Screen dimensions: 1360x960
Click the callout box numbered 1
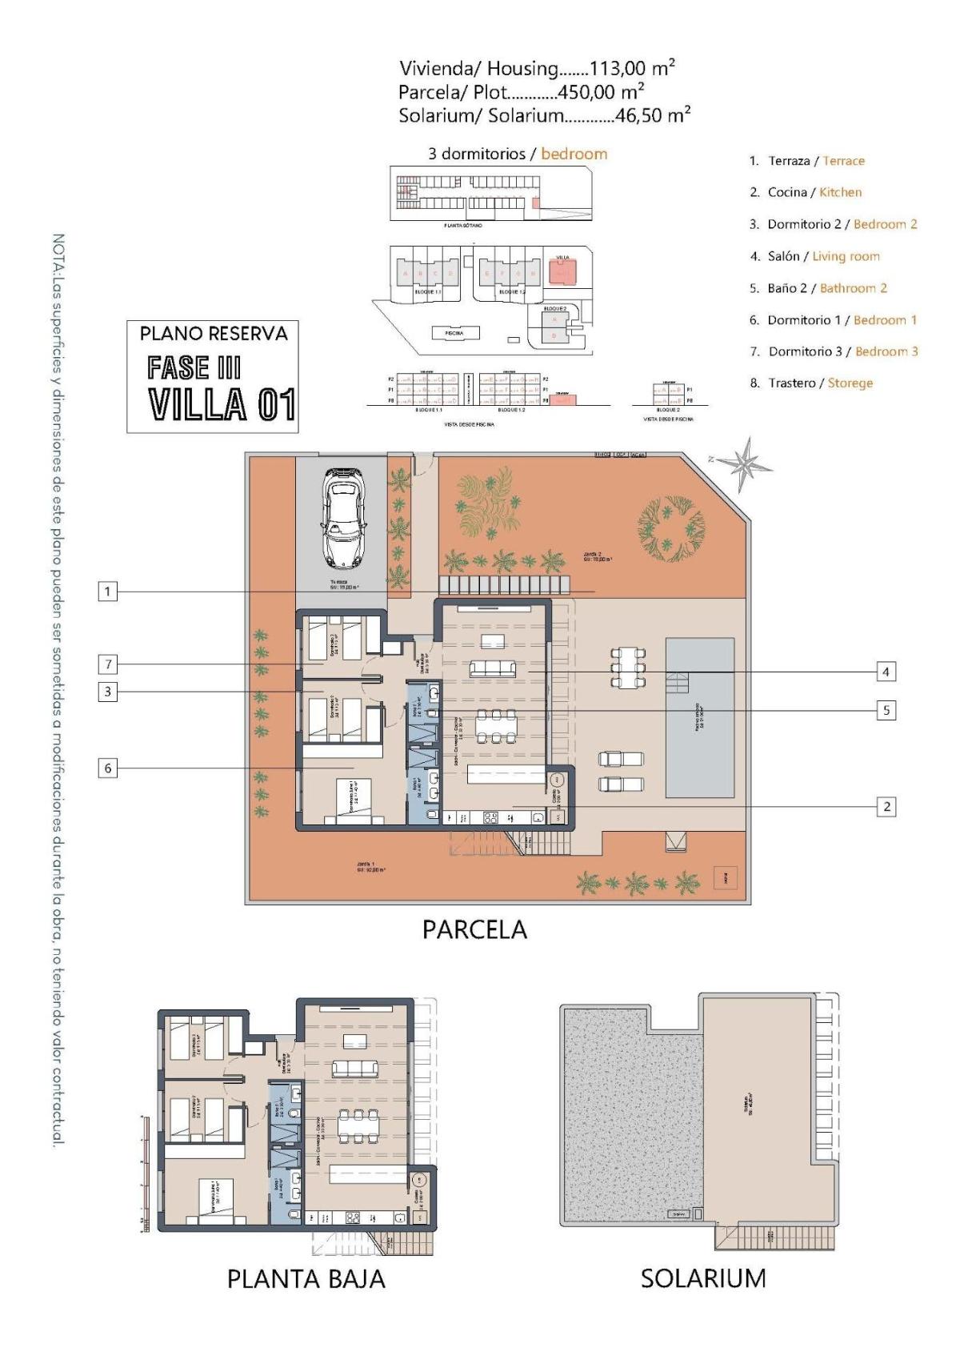tap(108, 592)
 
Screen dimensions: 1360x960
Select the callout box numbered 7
tap(108, 664)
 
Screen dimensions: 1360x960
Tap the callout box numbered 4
tap(885, 672)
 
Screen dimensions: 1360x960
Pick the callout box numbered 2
tap(885, 806)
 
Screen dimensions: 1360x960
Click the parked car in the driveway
tap(345, 516)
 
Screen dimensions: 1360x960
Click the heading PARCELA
tap(474, 929)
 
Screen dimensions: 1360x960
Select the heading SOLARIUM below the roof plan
tap(702, 1278)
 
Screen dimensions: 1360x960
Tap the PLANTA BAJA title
tap(306, 1278)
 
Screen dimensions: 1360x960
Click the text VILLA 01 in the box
tap(222, 403)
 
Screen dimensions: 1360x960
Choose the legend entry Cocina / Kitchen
tap(806, 192)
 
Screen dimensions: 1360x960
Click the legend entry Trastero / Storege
tap(811, 383)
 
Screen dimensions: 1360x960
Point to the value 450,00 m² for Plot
tap(601, 91)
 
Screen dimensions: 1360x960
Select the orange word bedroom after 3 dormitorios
tap(574, 154)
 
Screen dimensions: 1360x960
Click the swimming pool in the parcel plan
tap(700, 717)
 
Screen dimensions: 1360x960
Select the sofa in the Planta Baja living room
tap(356, 1068)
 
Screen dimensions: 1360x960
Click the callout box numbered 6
tap(108, 768)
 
